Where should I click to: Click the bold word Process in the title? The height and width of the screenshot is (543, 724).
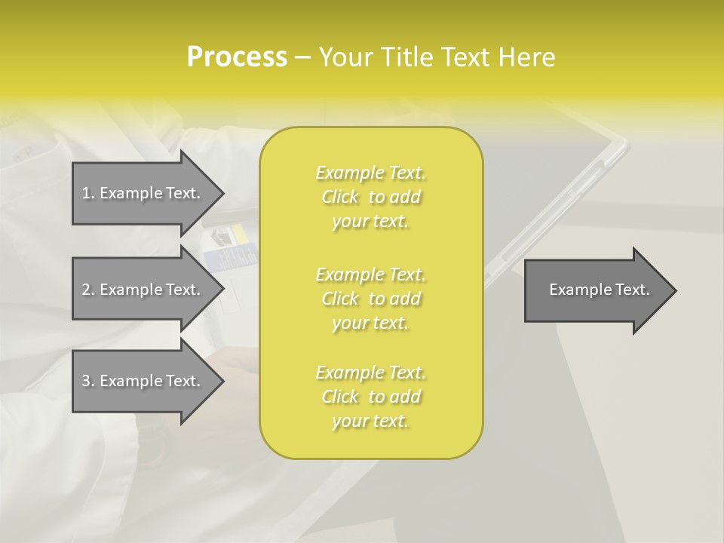coord(237,57)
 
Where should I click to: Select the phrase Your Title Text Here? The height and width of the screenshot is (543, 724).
coord(437,57)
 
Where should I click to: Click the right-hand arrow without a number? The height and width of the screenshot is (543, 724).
coord(599,290)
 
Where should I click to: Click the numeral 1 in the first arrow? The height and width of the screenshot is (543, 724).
coord(86,193)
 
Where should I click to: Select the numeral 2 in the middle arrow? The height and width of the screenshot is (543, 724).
coord(86,290)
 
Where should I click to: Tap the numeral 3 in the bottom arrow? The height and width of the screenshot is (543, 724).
coord(86,381)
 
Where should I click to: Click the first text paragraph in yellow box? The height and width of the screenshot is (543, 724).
coord(370,197)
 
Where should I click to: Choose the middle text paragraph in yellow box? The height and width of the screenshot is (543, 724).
coord(370,299)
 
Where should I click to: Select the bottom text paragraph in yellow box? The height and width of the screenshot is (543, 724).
coord(370,397)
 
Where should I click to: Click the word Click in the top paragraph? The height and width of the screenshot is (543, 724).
coord(340,197)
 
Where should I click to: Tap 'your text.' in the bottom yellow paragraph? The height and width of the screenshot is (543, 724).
coord(370,421)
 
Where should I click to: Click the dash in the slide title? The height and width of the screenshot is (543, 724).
coord(302,57)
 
